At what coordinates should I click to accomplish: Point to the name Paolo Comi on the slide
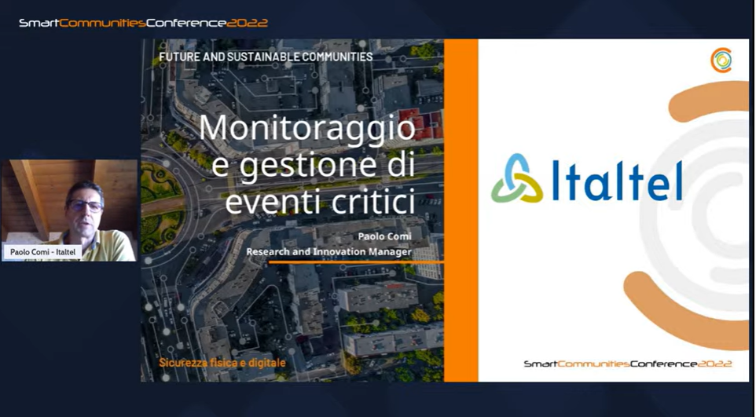[385, 236]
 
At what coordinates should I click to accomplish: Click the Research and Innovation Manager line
[328, 251]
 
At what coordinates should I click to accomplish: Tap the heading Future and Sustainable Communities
[266, 57]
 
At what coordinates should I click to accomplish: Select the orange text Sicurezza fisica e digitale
[222, 363]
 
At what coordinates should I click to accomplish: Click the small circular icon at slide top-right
[721, 60]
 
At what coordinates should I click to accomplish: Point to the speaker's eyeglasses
[86, 206]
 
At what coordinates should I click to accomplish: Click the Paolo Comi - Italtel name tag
[42, 251]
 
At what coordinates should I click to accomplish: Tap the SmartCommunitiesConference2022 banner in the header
[143, 23]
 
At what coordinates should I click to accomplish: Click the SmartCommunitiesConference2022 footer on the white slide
[628, 364]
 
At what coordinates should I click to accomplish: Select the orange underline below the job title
[356, 262]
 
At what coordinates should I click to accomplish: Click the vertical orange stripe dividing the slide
[461, 210]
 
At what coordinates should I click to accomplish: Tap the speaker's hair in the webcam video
[85, 189]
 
